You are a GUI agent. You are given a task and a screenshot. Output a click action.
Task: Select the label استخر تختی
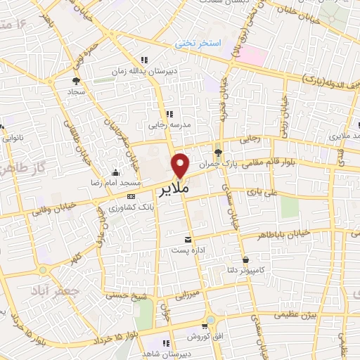[x=198, y=44]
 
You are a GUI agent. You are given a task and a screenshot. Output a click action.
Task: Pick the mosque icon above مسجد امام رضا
[x=116, y=172]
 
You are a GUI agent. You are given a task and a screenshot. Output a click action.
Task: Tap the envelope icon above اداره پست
[x=187, y=239]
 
